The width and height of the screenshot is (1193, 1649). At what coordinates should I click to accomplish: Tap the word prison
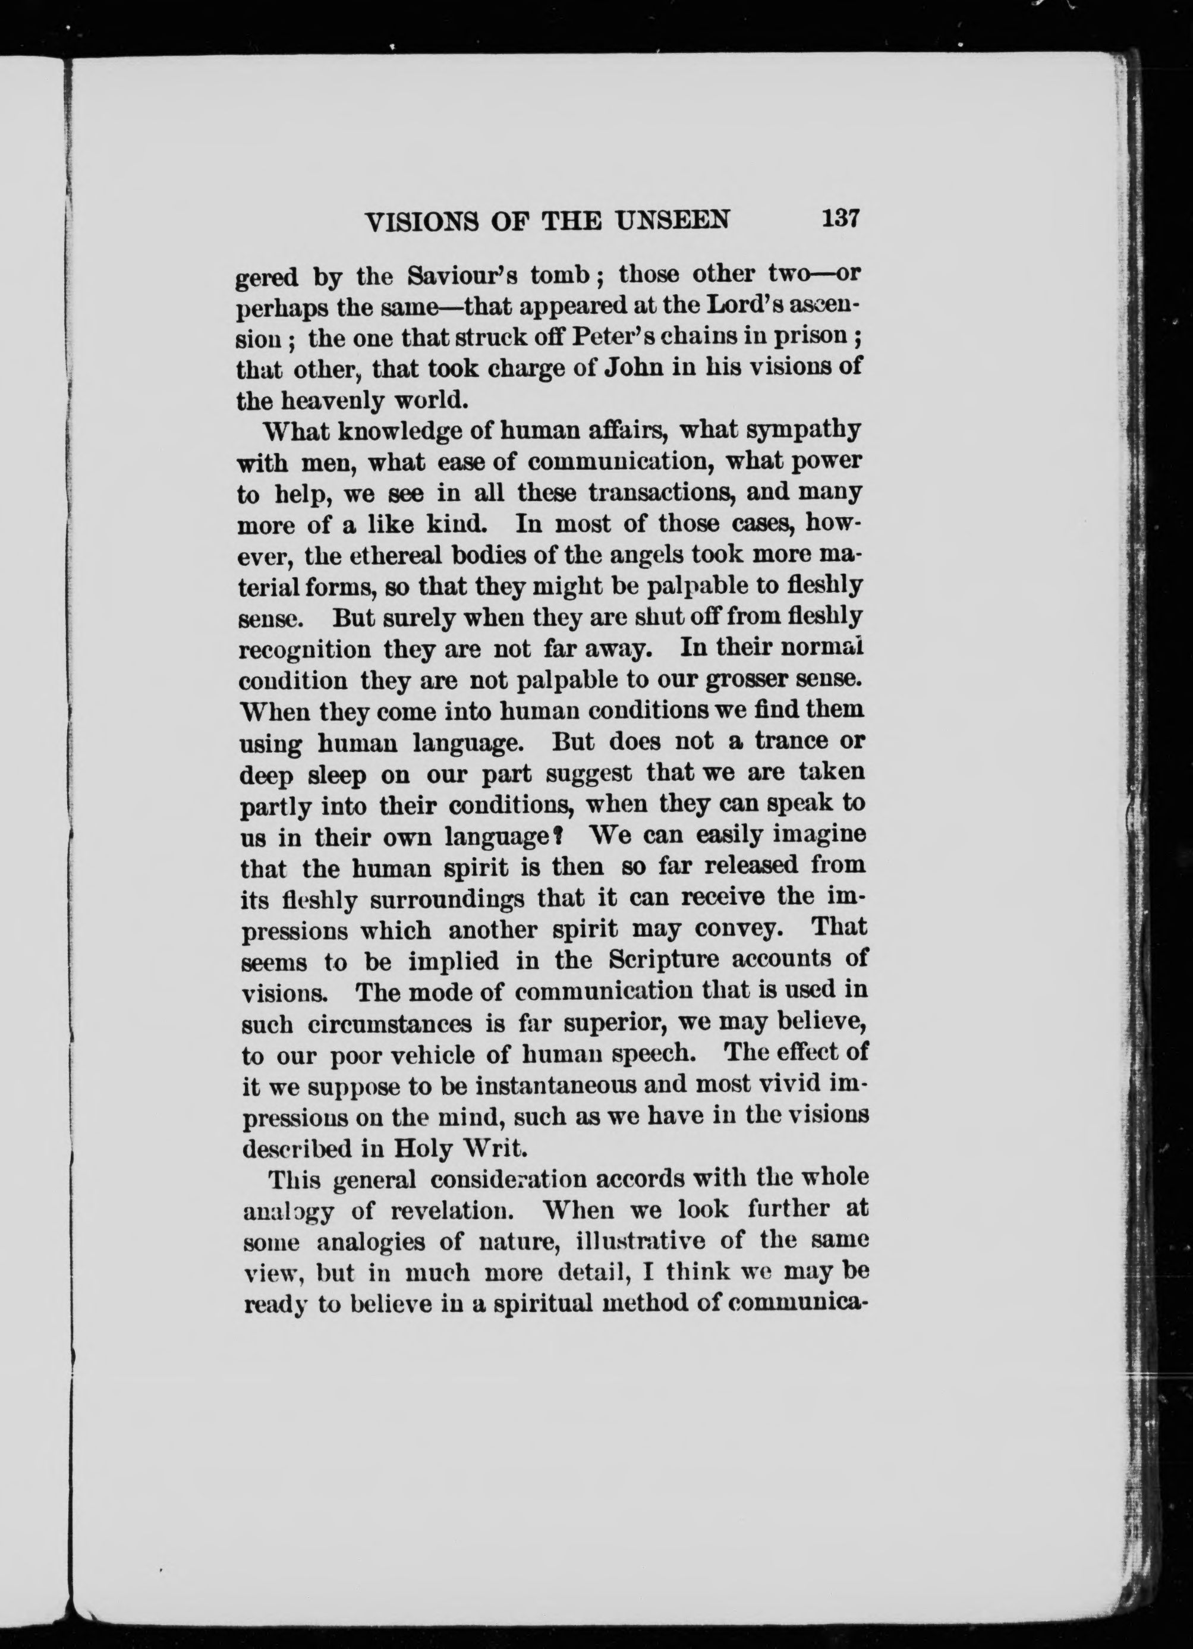814,339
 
